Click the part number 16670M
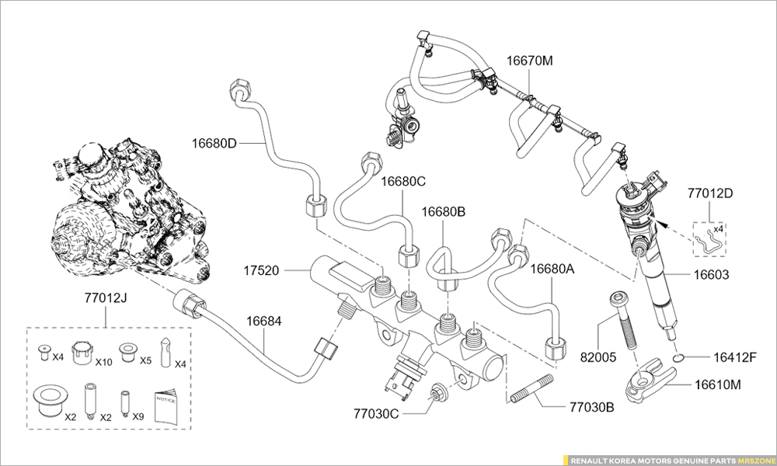coord(530,60)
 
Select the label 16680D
coord(214,143)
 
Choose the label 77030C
coord(376,413)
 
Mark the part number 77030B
coord(592,406)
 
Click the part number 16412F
coord(735,357)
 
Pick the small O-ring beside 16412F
coord(678,357)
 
